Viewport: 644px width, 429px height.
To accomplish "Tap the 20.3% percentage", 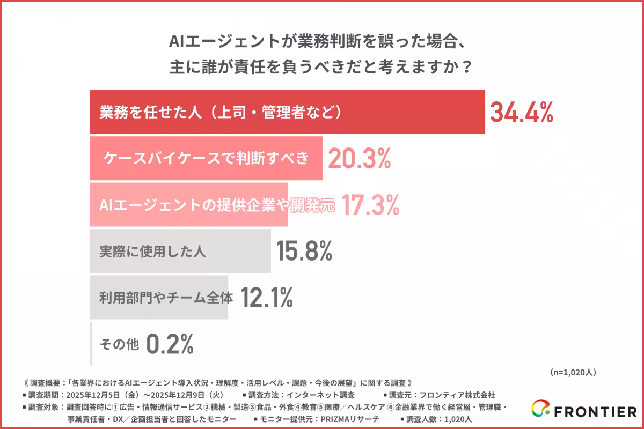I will pyautogui.click(x=358, y=158).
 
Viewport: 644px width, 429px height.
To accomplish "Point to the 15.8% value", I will pyautogui.click(x=304, y=251).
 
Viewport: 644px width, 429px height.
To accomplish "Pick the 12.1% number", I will pyautogui.click(x=266, y=297).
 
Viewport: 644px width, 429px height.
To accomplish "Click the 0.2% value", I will pyautogui.click(x=170, y=344).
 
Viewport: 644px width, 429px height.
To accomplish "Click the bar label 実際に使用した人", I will pyautogui.click(x=152, y=251).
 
